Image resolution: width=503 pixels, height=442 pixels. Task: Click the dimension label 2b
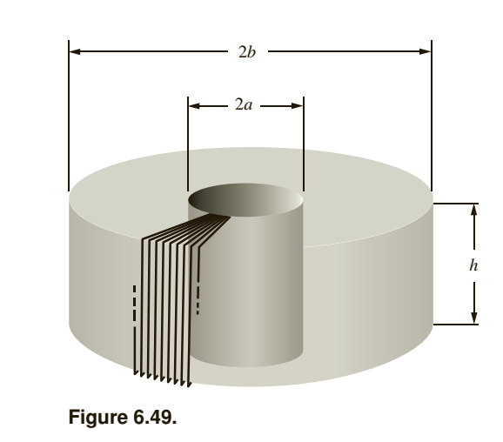[x=247, y=51]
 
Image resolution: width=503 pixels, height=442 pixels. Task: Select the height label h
[x=474, y=264]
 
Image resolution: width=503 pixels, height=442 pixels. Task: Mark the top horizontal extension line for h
[x=457, y=204]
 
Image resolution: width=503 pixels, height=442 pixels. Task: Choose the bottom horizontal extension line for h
[x=457, y=324]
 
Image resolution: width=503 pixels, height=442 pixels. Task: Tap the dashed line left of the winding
[x=134, y=305]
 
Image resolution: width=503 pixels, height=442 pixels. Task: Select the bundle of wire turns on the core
[x=165, y=296]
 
